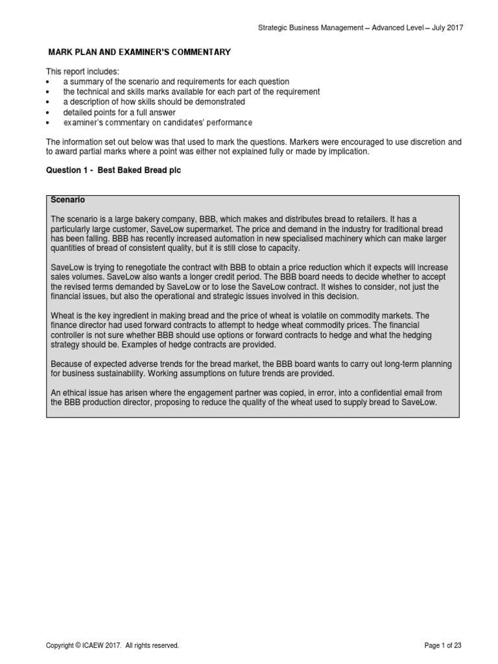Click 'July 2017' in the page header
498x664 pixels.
tap(447, 27)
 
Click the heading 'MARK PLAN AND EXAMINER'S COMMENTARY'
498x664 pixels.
tap(140, 52)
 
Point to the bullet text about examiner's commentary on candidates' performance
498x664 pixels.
tap(158, 123)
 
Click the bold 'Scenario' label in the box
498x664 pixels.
tap(67, 200)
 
